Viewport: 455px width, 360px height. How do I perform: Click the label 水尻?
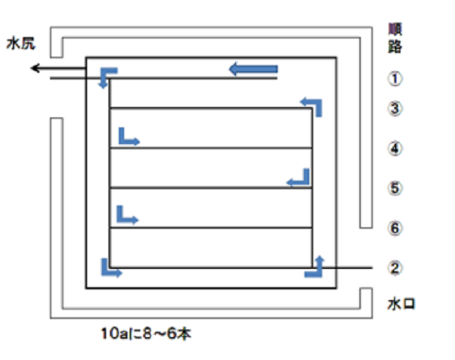tap(21, 44)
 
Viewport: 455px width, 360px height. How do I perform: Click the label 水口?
tap(401, 305)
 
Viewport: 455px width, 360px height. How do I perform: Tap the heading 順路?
tap(395, 38)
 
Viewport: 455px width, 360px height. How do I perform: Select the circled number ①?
tap(395, 79)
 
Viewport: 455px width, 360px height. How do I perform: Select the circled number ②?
tap(395, 268)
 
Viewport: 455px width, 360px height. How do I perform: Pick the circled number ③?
tap(395, 108)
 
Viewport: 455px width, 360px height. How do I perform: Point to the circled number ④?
tap(395, 149)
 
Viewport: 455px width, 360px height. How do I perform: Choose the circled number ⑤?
tap(395, 188)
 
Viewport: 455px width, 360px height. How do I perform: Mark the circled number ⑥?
tap(395, 228)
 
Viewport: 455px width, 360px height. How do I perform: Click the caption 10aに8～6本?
tap(146, 334)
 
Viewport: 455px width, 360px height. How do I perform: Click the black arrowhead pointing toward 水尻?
tap(36, 69)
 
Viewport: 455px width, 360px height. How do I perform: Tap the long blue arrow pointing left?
tap(253, 69)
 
